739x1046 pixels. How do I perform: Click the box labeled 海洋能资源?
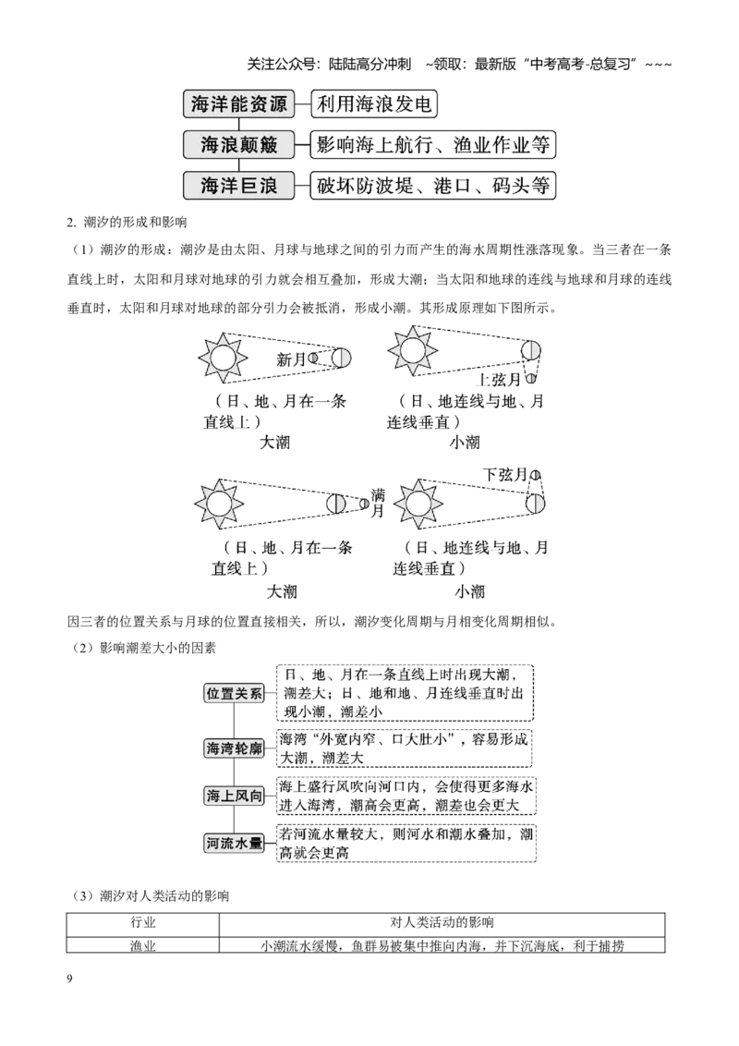coord(238,104)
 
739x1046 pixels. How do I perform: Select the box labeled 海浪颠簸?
coord(238,145)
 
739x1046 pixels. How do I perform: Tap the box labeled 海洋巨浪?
coord(238,186)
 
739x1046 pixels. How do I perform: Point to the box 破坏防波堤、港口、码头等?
coord(433,186)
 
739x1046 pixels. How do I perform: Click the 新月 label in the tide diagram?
coord(291,359)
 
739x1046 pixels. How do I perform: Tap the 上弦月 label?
coord(498,380)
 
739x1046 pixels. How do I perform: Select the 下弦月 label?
coord(505,474)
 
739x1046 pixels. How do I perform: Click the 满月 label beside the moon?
coord(378,503)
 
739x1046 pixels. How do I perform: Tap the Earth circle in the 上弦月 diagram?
coord(531,349)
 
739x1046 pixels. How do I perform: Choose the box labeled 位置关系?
coord(234,693)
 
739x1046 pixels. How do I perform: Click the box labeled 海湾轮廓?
coord(234,748)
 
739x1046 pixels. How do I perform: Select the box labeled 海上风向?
coord(234,796)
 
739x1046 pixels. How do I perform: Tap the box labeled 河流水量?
coord(234,844)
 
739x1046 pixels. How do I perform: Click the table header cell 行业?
coord(143,924)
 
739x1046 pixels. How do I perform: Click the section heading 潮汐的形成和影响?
coord(135,222)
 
